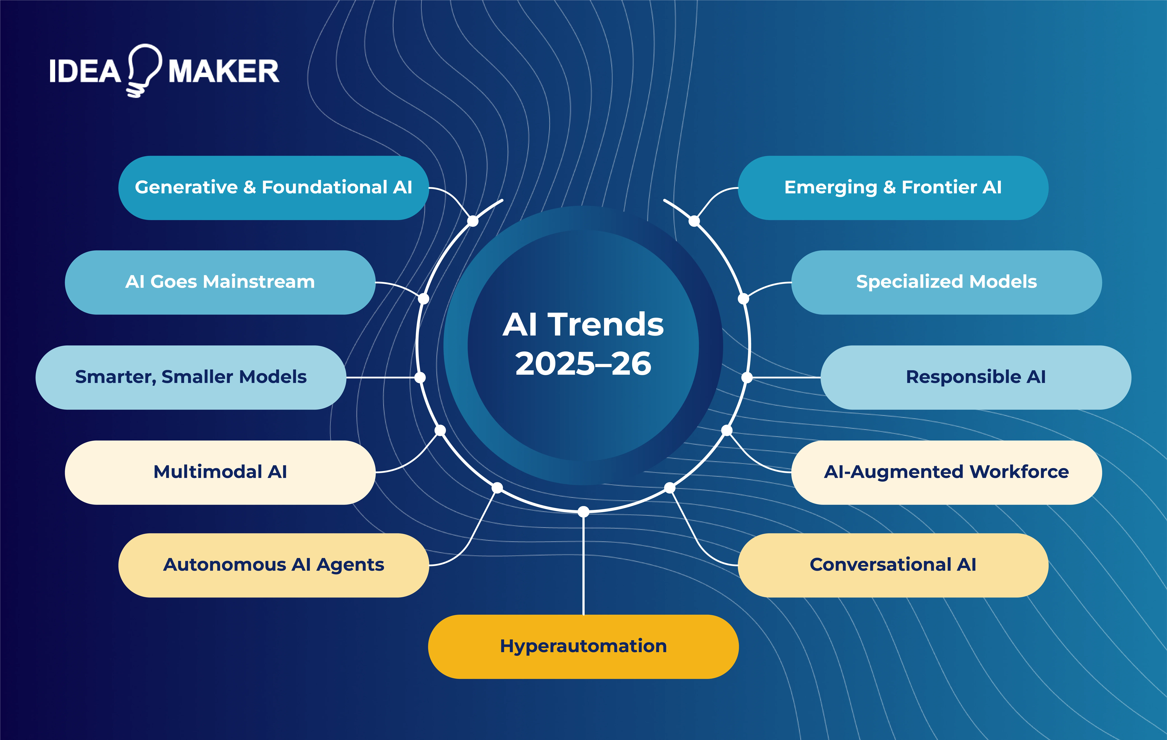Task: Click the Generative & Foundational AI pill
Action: point(273,187)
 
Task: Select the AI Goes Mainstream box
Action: point(220,282)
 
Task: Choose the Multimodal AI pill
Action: point(220,472)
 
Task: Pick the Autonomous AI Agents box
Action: point(273,565)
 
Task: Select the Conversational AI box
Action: point(893,565)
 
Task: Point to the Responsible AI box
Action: point(976,377)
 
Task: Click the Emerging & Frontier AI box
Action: point(893,187)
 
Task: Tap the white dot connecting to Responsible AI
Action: point(747,377)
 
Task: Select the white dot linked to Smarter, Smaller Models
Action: point(420,377)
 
